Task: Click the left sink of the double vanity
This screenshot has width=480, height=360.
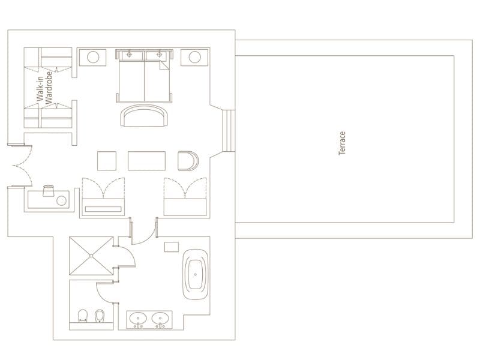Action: pyautogui.click(x=139, y=318)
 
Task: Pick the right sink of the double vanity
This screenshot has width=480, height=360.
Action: pyautogui.click(x=160, y=318)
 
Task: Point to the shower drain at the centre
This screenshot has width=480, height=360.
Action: pyautogui.click(x=91, y=256)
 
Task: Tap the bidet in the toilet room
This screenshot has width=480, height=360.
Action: pyautogui.click(x=100, y=316)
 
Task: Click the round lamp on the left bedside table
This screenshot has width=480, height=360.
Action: pyautogui.click(x=94, y=58)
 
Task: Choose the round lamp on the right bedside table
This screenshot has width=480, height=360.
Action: pyautogui.click(x=194, y=58)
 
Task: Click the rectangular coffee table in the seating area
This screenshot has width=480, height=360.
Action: pyautogui.click(x=146, y=161)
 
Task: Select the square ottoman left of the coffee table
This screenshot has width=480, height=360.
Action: pyautogui.click(x=107, y=161)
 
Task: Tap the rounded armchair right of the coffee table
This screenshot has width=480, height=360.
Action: pyautogui.click(x=187, y=161)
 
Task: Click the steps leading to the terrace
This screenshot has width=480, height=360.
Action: pyautogui.click(x=227, y=131)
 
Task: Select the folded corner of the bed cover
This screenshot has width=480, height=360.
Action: pyautogui.click(x=163, y=68)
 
